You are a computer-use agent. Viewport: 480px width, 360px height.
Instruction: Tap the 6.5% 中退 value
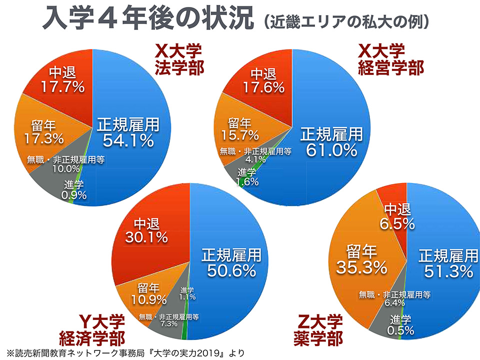tap(397, 223)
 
